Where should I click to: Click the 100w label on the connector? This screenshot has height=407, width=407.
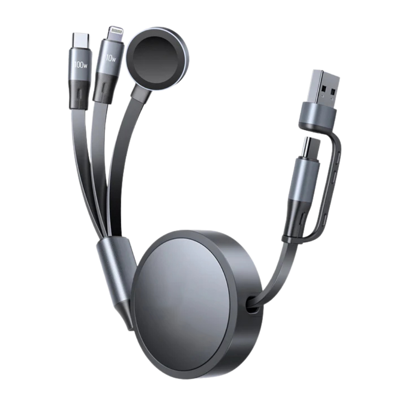pos(81,65)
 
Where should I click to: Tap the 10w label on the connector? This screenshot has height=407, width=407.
pos(111,58)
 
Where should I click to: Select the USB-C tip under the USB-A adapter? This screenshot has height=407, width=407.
pos(310,148)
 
